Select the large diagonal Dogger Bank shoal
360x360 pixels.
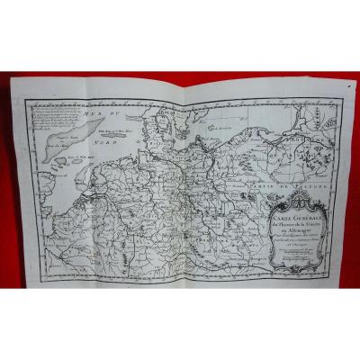point(53,136)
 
